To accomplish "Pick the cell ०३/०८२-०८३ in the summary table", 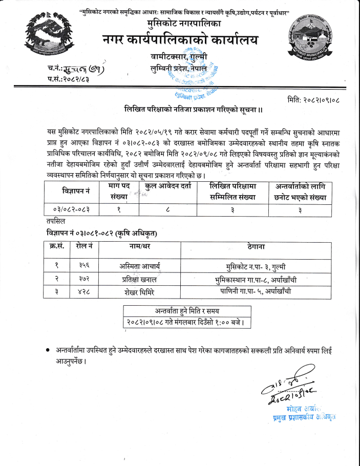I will point(75,209).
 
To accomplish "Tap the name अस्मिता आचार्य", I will point(139,266).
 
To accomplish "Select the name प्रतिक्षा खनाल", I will point(139,280).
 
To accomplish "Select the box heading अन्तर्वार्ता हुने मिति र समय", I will point(187,311).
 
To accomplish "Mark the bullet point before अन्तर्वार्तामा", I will point(47,350).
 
